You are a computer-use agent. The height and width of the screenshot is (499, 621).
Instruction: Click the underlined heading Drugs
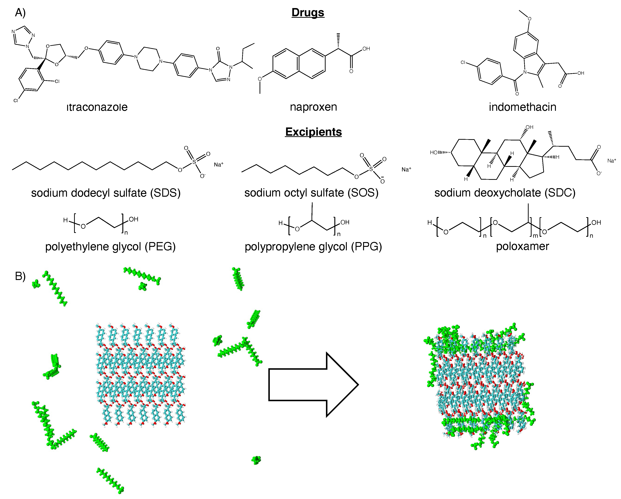(x=308, y=13)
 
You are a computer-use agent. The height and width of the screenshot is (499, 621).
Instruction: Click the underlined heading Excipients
(x=313, y=132)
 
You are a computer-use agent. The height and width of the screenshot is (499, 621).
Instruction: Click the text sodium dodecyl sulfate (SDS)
(x=106, y=193)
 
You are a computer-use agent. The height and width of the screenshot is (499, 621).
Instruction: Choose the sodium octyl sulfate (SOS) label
(x=311, y=193)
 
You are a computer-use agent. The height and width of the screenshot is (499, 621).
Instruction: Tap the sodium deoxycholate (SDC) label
(x=505, y=193)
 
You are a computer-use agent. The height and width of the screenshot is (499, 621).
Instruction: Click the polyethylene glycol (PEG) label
(x=110, y=247)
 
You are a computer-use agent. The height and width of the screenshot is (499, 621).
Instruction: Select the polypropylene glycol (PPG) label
(x=313, y=247)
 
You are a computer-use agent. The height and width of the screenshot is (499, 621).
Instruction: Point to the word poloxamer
(x=522, y=246)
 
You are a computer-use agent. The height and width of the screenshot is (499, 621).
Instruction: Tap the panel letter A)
(x=20, y=13)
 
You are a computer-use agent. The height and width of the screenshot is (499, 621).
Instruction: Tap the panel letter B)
(x=20, y=276)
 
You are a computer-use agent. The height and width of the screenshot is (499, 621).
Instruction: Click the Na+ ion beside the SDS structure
(x=218, y=165)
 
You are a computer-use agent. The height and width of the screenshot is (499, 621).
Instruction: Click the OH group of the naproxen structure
(x=366, y=49)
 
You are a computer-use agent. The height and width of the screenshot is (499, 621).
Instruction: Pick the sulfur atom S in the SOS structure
(x=371, y=169)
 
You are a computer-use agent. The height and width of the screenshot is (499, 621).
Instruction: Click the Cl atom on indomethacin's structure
(x=463, y=62)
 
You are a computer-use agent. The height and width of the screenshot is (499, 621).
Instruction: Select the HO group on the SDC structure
(x=434, y=153)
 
